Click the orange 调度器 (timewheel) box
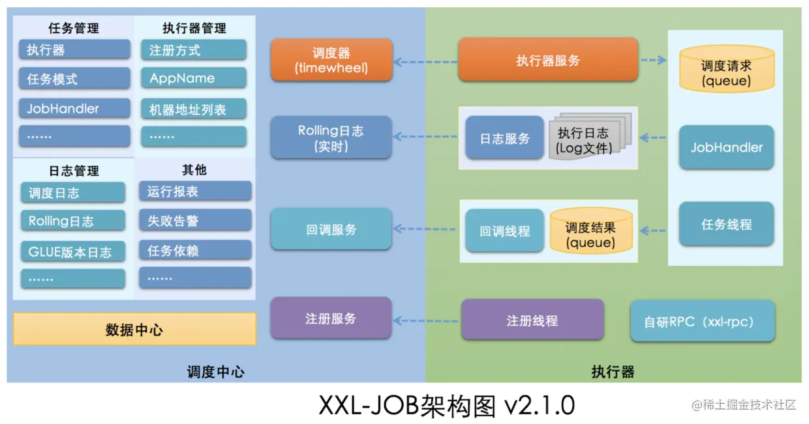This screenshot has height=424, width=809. [331, 60]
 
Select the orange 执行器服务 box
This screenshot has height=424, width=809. [547, 60]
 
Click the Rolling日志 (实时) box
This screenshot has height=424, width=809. [331, 138]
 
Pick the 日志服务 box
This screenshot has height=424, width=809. [504, 138]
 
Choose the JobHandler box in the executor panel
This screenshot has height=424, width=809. [726, 147]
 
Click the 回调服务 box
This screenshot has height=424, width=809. [331, 229]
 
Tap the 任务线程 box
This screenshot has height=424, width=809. [726, 224]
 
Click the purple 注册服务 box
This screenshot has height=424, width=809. [331, 318]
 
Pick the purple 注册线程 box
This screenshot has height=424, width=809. [532, 320]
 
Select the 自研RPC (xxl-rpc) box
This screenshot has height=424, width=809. [702, 321]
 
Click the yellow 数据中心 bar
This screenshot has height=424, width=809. [134, 330]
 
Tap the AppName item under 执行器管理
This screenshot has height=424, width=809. [193, 78]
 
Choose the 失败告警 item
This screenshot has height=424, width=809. [194, 221]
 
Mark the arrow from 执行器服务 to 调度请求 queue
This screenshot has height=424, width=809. [652, 60]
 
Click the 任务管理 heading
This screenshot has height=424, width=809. [73, 28]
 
